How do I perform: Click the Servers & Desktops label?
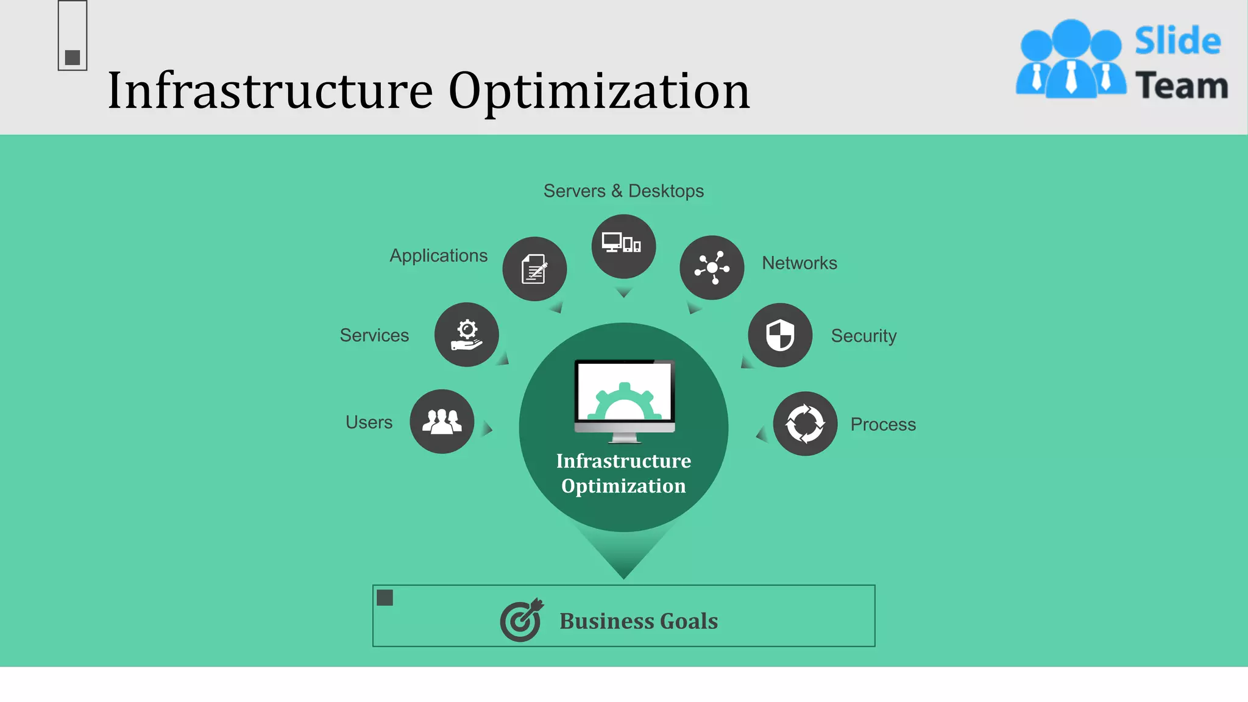[623, 191]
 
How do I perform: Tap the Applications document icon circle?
[534, 269]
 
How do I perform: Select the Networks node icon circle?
[712, 268]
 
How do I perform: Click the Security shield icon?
[780, 335]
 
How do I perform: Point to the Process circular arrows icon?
[805, 424]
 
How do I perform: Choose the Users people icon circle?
[442, 422]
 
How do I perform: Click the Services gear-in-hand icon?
[467, 335]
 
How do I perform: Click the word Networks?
[799, 263]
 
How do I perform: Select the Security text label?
[863, 336]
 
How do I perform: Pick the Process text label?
[883, 425]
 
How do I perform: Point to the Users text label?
[369, 422]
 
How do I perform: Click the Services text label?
[374, 335]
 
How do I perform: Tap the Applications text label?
[438, 255]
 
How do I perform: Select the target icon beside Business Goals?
[521, 620]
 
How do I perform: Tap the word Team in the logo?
[1181, 85]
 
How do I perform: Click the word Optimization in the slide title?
[599, 91]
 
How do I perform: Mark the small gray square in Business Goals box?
[385, 598]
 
